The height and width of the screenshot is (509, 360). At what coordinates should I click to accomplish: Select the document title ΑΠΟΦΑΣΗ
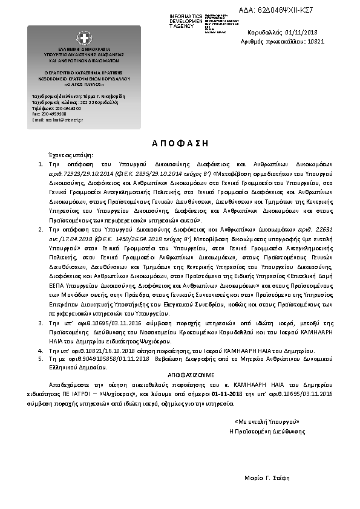point(180,143)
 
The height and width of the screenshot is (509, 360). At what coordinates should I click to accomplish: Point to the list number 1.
point(41,164)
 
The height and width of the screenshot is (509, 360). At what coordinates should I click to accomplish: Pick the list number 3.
point(41,324)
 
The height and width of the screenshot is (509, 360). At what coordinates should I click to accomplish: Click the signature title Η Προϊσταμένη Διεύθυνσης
point(265,430)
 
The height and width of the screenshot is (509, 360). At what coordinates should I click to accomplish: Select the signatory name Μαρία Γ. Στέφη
point(267,478)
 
